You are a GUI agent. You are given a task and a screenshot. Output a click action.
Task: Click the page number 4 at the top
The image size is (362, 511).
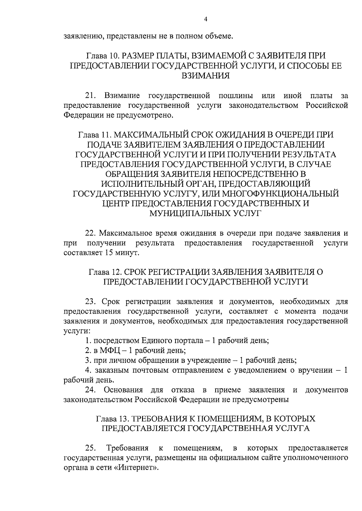[x=205, y=19]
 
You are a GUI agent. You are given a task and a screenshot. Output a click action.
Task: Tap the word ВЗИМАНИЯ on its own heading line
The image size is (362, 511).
[x=205, y=75]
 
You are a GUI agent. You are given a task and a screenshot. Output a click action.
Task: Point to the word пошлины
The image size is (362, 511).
[x=236, y=96]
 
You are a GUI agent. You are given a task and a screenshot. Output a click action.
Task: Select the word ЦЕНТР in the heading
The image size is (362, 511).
[x=115, y=203]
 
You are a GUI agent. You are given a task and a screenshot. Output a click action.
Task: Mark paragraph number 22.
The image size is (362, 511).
[x=90, y=233]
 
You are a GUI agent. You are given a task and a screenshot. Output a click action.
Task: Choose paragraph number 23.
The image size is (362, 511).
[x=90, y=301]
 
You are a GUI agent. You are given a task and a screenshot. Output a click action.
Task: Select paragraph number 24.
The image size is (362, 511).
[x=90, y=390]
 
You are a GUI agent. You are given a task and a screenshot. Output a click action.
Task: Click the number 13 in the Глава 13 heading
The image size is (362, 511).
[x=122, y=419]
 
